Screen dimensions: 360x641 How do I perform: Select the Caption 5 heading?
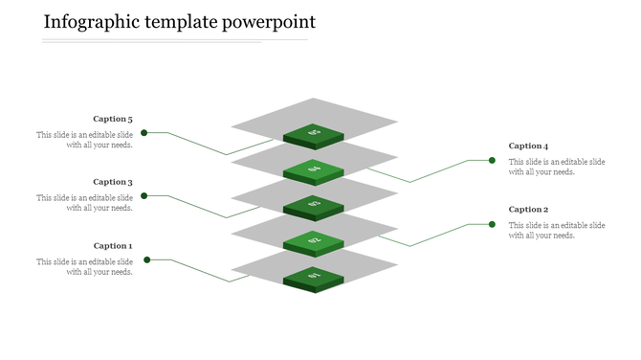coord(113,120)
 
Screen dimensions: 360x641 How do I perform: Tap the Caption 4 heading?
coord(528,146)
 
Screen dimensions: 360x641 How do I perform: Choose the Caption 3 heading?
coord(113,182)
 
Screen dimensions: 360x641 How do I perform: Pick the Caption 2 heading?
coord(528,210)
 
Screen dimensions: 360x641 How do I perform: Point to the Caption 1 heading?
coord(113,246)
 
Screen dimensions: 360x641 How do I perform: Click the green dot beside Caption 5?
coord(144,132)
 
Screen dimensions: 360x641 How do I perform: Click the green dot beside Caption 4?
coord(492,160)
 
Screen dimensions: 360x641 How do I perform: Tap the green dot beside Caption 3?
coord(144,195)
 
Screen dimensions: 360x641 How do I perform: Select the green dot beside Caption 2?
coord(492,224)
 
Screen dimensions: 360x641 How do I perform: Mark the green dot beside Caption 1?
coord(146,259)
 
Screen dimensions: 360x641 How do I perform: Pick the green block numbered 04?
coord(314,170)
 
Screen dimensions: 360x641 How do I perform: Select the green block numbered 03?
coord(314,205)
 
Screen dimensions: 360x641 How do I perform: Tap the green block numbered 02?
coord(314,241)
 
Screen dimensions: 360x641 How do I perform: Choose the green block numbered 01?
coord(314,278)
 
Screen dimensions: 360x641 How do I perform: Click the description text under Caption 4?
coord(556,168)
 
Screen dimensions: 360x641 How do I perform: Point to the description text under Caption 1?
coord(85,267)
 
